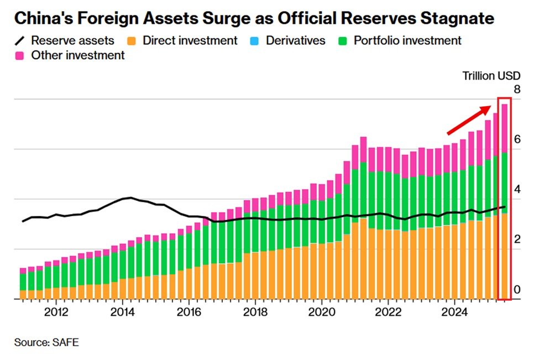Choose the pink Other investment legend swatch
(21, 55)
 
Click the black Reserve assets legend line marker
(21, 41)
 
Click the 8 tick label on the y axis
(517, 90)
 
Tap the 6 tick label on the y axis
(517, 139)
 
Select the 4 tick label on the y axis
(517, 190)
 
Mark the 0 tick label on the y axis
(517, 290)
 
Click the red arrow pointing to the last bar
(469, 120)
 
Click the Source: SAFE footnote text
(46, 342)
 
